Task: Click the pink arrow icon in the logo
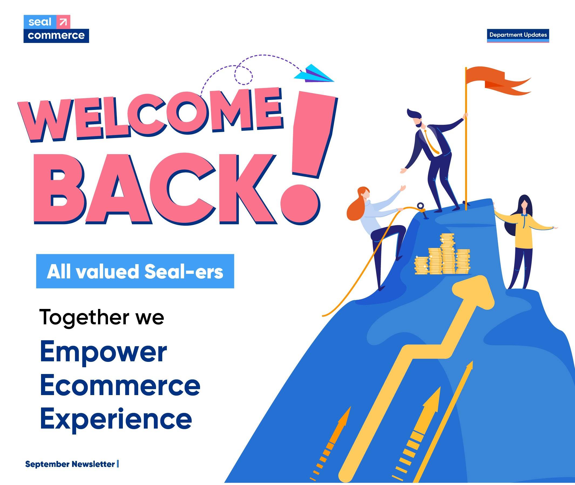click(x=63, y=22)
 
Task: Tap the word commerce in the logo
click(x=56, y=35)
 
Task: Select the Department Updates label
click(x=518, y=35)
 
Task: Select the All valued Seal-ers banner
click(x=135, y=271)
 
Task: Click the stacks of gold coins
click(x=442, y=254)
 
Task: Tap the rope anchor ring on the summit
click(x=421, y=206)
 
